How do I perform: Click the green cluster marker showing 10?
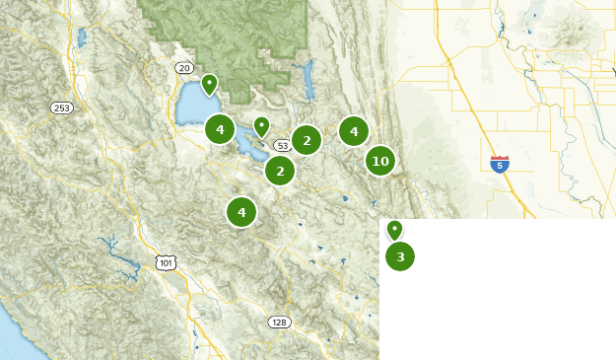point(379,161)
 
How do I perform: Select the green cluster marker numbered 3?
point(399,256)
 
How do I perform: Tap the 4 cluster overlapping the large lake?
point(220,129)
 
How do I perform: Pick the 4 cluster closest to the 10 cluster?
point(353,130)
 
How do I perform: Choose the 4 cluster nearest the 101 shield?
point(240,211)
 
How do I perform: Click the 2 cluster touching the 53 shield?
point(307,141)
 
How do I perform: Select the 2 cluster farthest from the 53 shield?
point(280,171)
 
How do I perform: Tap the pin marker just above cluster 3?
point(394,230)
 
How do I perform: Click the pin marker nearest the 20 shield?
point(209,84)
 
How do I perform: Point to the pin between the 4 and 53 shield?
point(261,126)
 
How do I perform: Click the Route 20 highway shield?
point(183,67)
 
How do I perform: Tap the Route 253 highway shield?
point(62,108)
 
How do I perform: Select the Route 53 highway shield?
point(283,146)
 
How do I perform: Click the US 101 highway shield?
point(166,261)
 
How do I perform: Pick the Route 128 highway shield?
point(280,323)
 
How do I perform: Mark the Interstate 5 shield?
point(500,164)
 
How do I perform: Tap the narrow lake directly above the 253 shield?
point(80,39)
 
